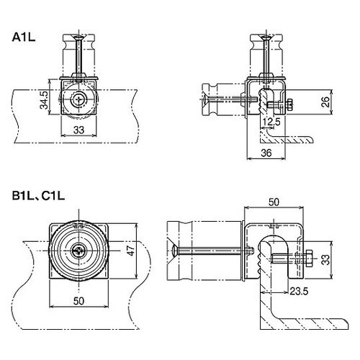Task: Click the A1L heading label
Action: [x=24, y=37]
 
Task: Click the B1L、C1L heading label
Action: [x=38, y=196]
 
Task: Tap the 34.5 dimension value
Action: [x=44, y=99]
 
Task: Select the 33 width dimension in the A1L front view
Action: [x=78, y=130]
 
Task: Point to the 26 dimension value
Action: [x=325, y=102]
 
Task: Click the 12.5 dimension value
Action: [x=271, y=122]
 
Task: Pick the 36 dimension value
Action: [x=266, y=153]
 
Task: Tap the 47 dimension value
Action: [x=130, y=251]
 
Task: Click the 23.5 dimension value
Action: [x=299, y=292]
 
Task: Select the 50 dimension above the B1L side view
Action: [x=274, y=202]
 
